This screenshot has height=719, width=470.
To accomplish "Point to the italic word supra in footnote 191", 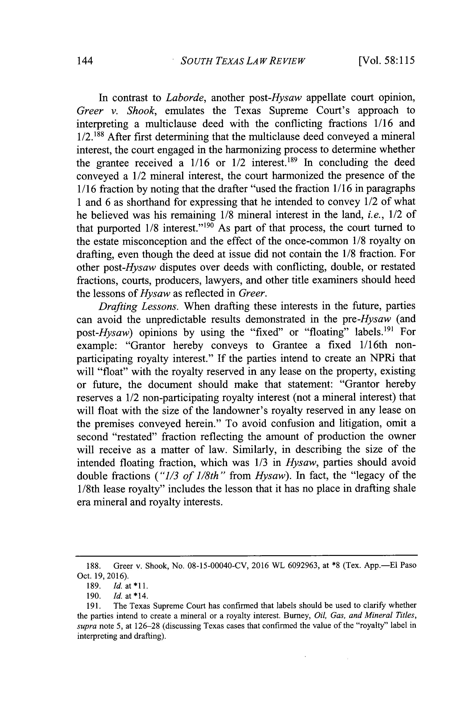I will click(x=85, y=626).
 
